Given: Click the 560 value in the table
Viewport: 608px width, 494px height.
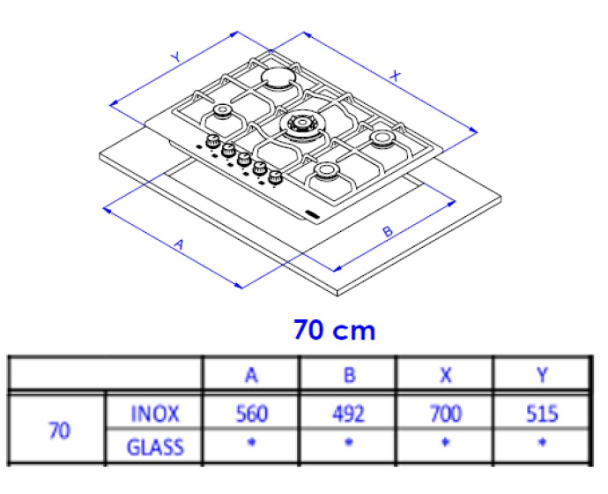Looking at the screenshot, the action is coord(252,414).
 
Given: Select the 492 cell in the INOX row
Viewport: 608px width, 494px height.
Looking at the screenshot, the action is coord(349,414).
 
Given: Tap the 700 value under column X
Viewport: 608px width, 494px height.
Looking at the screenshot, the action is coord(446,414).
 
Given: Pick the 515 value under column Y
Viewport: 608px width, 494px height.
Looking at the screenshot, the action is coord(542,414).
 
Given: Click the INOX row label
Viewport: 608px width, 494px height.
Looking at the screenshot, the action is coord(155,414).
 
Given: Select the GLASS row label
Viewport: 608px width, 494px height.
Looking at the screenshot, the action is coord(155,447).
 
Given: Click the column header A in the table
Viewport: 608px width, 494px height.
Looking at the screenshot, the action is coord(251,375).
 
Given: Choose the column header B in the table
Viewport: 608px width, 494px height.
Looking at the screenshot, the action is coord(349,375).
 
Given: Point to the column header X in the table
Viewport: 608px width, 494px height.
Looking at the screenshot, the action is coord(446,375).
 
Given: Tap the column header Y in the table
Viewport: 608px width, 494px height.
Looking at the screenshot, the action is coord(542,375).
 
